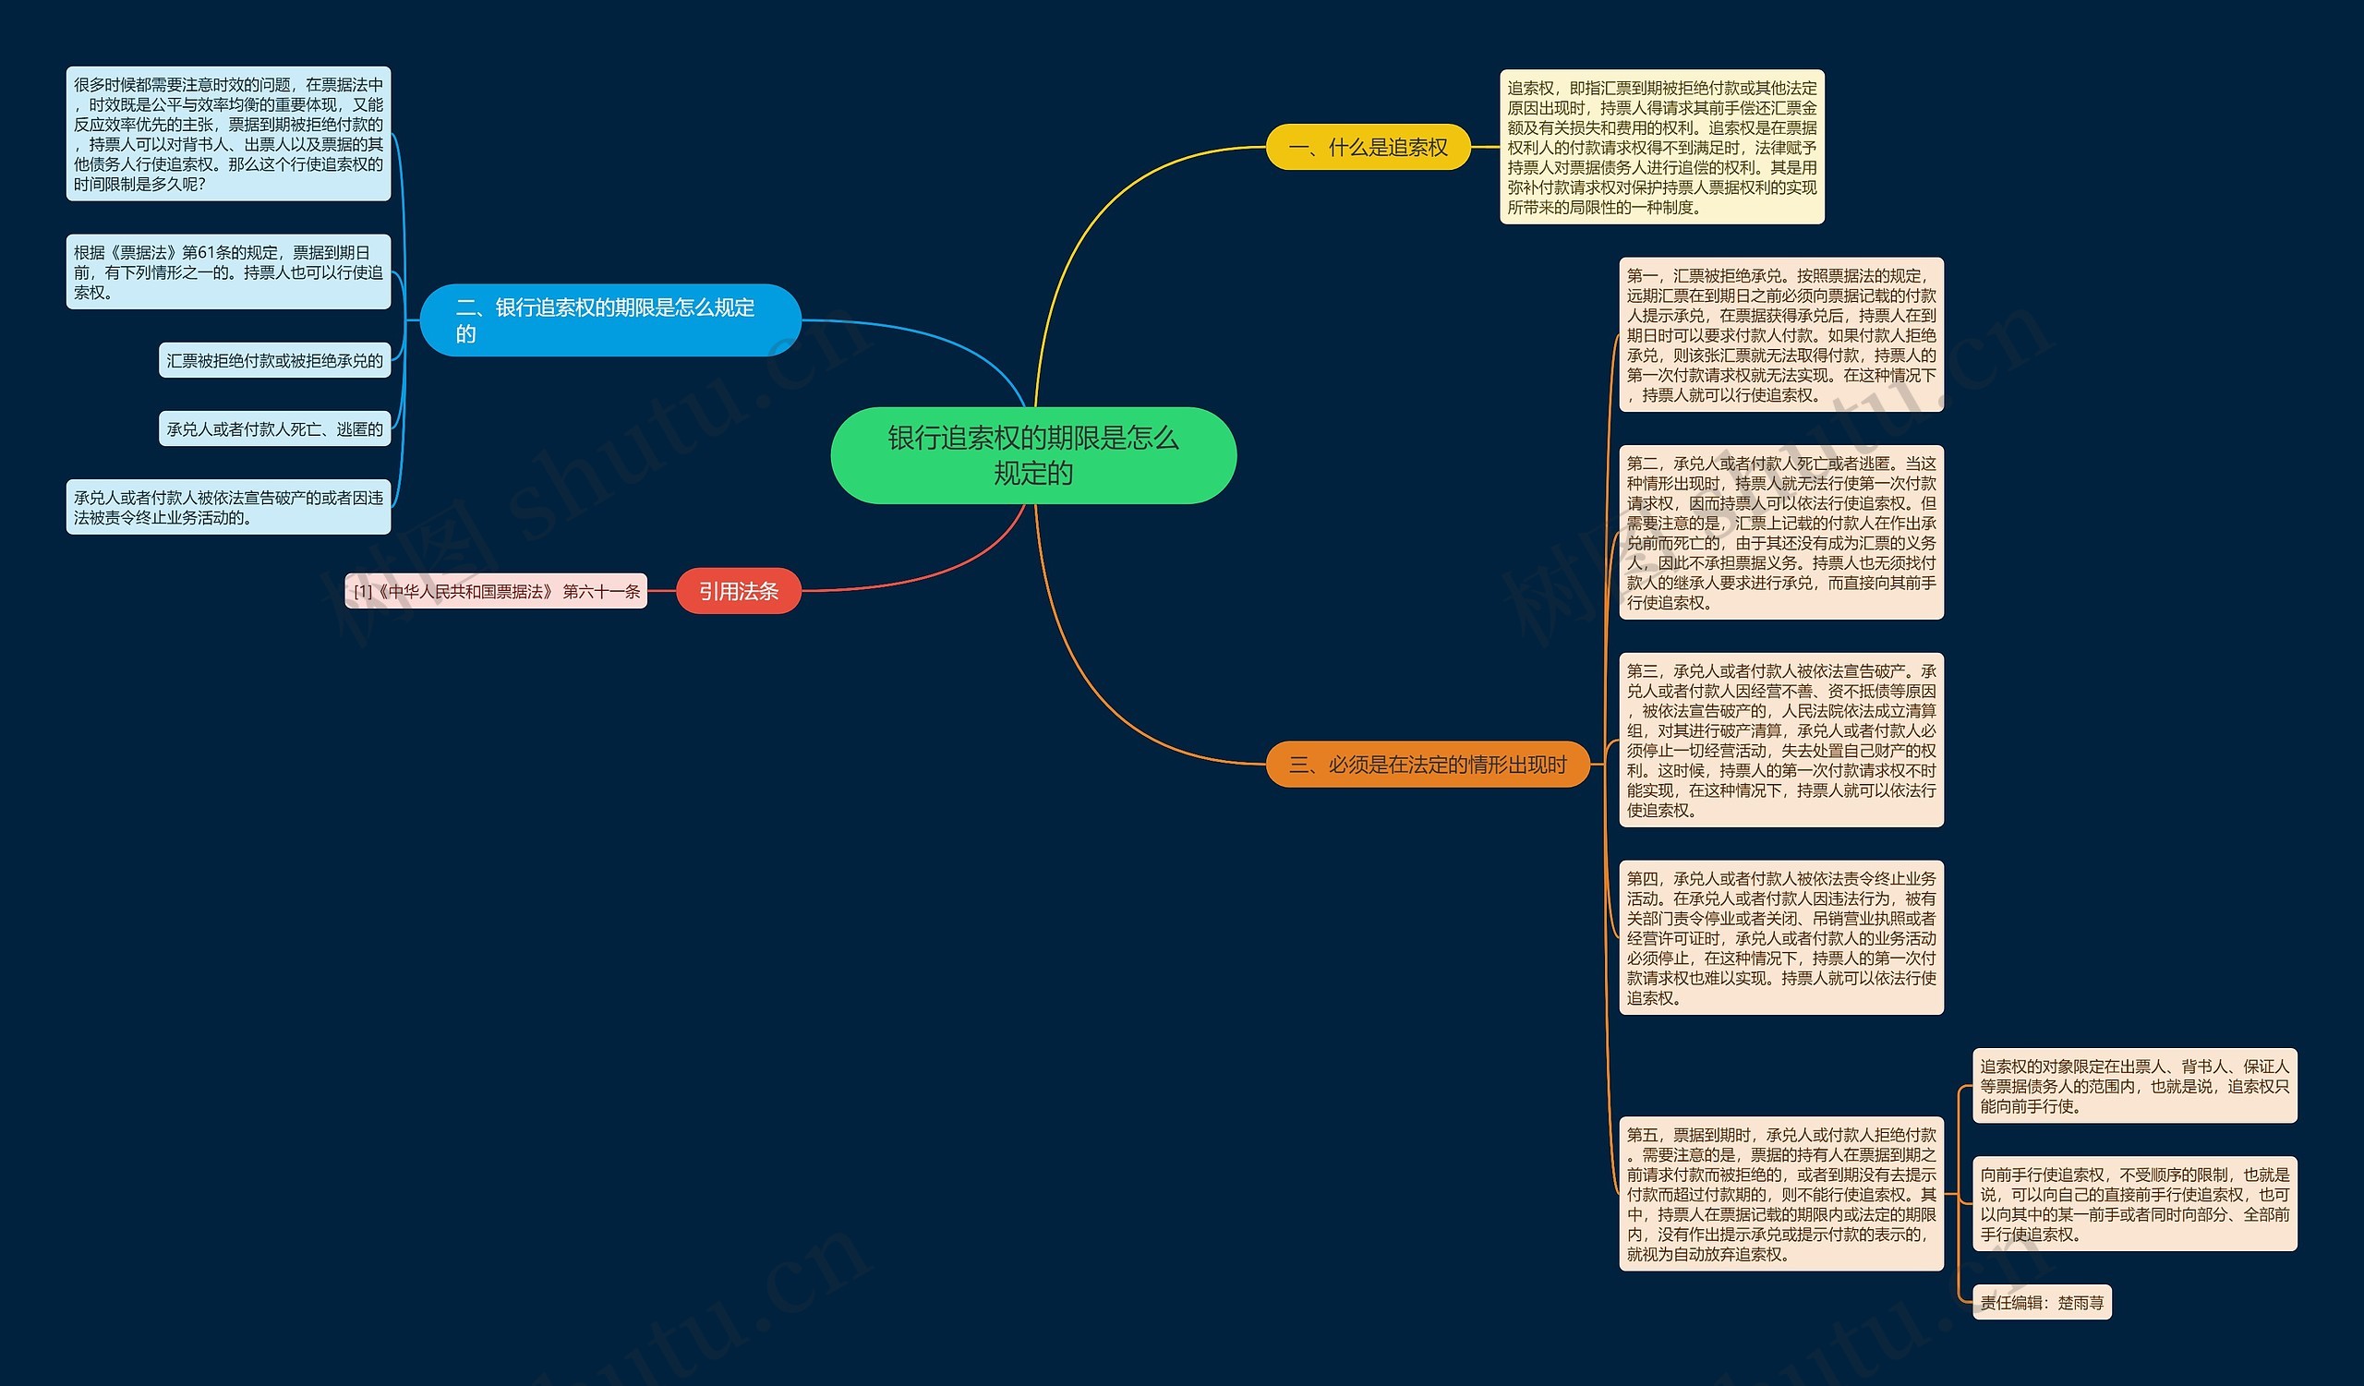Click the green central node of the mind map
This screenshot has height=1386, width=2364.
(x=1032, y=455)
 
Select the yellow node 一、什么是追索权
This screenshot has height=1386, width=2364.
(x=1368, y=147)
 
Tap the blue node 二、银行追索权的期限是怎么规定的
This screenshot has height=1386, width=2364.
(x=609, y=319)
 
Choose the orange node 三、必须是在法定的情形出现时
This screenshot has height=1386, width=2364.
(x=1427, y=765)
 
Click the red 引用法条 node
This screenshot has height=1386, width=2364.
(x=738, y=591)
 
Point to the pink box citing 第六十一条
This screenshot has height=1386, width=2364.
(x=496, y=591)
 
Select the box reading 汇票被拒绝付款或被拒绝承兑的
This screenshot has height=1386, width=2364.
(x=275, y=360)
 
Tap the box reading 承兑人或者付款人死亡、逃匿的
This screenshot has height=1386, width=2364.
(x=275, y=428)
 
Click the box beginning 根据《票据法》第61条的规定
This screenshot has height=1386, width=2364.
(x=228, y=272)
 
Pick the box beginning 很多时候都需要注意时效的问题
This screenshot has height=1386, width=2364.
(x=228, y=133)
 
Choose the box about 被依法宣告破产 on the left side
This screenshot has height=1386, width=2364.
(x=228, y=507)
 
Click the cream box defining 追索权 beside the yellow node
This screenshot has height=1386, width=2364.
(x=1661, y=147)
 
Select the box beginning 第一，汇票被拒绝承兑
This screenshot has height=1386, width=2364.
(x=1780, y=335)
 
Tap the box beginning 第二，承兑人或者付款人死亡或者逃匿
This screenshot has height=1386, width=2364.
(x=1780, y=533)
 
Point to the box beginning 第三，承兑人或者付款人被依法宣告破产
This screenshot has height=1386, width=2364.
(x=1780, y=740)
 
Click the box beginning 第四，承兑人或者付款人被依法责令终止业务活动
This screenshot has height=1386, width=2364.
(x=1780, y=938)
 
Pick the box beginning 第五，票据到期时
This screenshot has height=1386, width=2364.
(x=1780, y=1194)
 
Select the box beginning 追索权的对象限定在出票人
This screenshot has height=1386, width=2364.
(x=2134, y=1086)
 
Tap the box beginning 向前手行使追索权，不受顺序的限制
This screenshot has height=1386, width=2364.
(x=2134, y=1204)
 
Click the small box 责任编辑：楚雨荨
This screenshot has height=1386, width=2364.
(x=2042, y=1302)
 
